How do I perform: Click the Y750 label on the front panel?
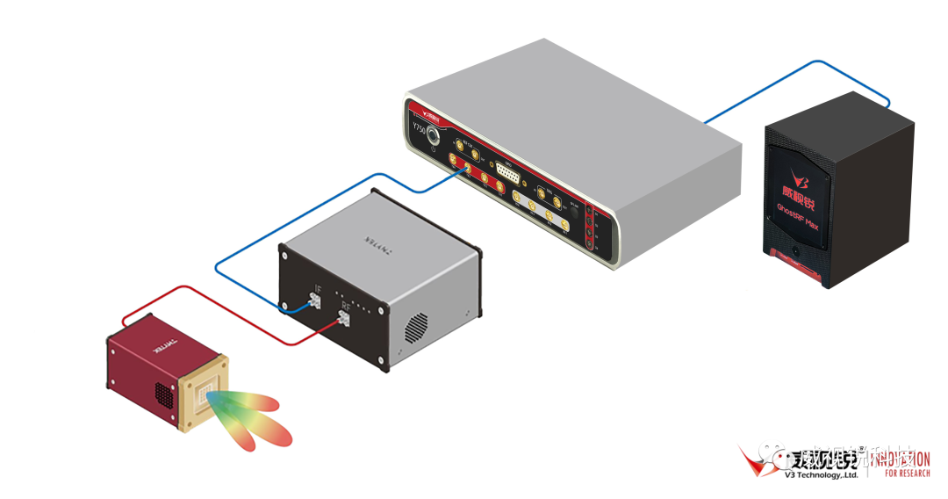click(419, 129)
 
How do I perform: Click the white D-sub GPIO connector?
click(508, 172)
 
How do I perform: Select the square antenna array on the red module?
click(205, 401)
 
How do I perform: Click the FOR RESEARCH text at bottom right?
click(908, 474)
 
